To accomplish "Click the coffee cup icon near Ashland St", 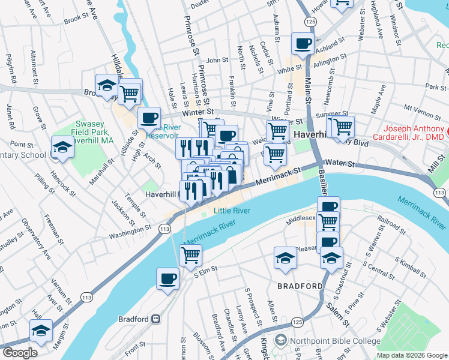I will [302, 43].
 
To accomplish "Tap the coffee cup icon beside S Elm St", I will [167, 278].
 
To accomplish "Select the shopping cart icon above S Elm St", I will [190, 254].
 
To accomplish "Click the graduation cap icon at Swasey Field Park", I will [62, 146].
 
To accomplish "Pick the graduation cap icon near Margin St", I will [41, 331].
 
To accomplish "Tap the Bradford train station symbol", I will [155, 319].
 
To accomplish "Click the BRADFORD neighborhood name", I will [300, 286].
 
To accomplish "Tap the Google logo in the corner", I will [20, 353].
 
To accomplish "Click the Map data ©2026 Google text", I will [412, 355].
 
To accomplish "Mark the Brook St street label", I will [76, 19].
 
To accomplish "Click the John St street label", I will [217, 60].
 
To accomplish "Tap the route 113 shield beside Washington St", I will [164, 229].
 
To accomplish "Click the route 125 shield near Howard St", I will [310, 21].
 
